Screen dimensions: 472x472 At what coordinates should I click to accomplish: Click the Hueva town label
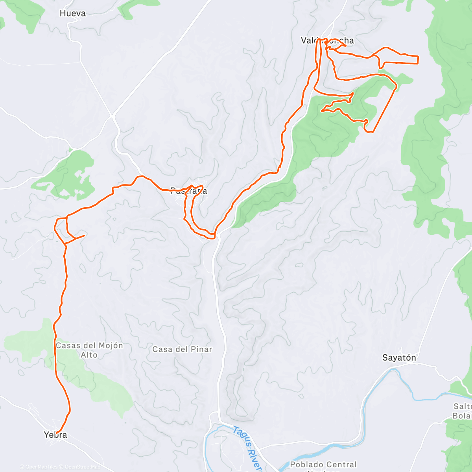(x=72, y=13)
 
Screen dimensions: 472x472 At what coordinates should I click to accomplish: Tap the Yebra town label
(x=55, y=435)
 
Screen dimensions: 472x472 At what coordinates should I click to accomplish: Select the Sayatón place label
(x=399, y=358)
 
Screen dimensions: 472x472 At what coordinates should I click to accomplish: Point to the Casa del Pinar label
(x=182, y=349)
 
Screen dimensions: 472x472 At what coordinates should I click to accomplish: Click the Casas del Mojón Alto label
(x=89, y=350)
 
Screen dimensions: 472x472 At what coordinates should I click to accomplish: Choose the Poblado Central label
(x=323, y=465)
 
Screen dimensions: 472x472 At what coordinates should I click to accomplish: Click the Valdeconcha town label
(x=327, y=41)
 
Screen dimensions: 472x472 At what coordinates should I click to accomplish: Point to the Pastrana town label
(x=189, y=191)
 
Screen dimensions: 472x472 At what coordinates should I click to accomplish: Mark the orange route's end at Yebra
(x=57, y=433)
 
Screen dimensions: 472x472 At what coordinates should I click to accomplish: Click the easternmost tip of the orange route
(x=418, y=60)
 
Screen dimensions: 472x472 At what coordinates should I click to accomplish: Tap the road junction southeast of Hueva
(x=113, y=115)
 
